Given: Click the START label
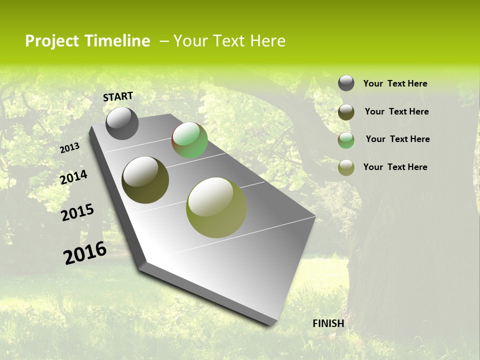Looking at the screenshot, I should (118, 96).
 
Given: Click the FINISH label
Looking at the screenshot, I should (328, 323).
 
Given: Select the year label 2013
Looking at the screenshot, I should (70, 148).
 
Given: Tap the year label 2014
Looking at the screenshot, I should (74, 177).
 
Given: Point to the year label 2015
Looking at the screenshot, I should (77, 212).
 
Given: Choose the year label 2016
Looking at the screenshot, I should (85, 253).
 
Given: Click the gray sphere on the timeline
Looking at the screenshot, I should (122, 123).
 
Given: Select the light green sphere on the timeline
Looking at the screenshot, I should (189, 140).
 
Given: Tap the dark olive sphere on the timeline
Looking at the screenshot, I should (145, 180).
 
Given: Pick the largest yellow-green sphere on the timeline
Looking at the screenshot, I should (216, 207).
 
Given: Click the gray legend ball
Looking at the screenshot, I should (346, 83).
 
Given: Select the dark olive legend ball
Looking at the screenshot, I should (346, 112).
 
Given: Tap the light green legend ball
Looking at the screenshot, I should (346, 140).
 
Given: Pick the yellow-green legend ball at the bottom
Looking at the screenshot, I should (346, 167).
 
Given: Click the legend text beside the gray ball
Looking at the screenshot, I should (395, 84).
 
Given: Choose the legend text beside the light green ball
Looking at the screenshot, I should (397, 139).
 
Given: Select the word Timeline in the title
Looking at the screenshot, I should (117, 41).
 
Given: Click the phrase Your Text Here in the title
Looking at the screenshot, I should (229, 41).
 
